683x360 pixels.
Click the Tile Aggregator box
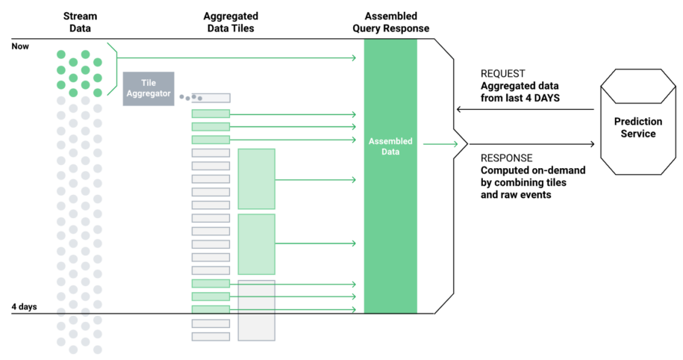point(149,88)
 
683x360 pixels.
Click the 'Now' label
point(21,46)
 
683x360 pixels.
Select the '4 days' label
point(25,307)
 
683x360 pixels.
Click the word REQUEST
point(502,74)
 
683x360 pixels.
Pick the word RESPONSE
point(506,158)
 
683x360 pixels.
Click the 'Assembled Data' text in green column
point(390,146)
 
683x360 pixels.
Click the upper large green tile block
point(256,179)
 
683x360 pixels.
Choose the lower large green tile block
point(256,243)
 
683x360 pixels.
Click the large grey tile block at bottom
point(256,311)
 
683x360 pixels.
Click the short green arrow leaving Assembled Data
point(440,143)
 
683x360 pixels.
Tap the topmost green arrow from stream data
point(236,57)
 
